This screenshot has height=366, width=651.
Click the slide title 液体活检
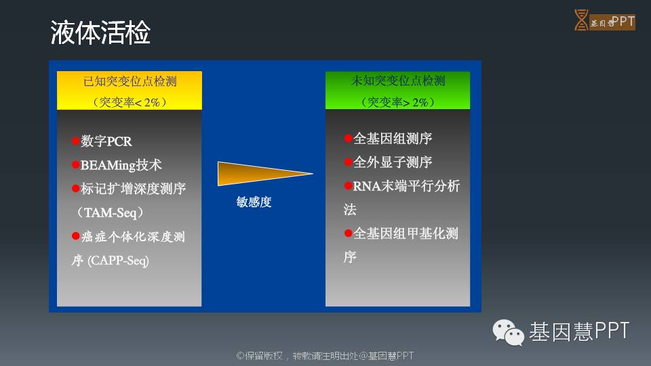pyautogui.click(x=100, y=33)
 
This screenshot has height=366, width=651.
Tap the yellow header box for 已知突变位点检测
pyautogui.click(x=130, y=90)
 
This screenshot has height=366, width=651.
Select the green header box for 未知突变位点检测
pyautogui.click(x=398, y=90)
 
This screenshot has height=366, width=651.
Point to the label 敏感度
pyautogui.click(x=254, y=202)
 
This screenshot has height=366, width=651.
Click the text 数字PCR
pyautogui.click(x=106, y=141)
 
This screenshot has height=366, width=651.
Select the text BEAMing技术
pyautogui.click(x=121, y=165)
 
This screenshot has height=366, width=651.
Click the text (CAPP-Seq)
pyautogui.click(x=118, y=260)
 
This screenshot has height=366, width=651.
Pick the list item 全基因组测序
pyautogui.click(x=393, y=138)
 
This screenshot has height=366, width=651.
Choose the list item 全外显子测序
pyautogui.click(x=393, y=162)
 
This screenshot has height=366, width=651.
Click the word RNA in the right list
pyautogui.click(x=367, y=186)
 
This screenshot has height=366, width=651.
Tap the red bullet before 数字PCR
pyautogui.click(x=75, y=141)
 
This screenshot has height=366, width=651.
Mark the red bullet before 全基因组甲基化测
pyautogui.click(x=349, y=233)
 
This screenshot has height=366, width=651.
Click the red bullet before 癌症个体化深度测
pyautogui.click(x=75, y=236)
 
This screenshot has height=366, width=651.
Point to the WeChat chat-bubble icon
pyautogui.click(x=508, y=332)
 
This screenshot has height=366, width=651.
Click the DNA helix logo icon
pyautogui.click(x=581, y=20)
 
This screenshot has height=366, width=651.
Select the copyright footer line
pyautogui.click(x=325, y=356)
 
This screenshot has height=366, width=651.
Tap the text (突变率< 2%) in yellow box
pyautogui.click(x=130, y=102)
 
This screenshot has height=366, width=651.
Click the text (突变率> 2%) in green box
pyautogui.click(x=398, y=102)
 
